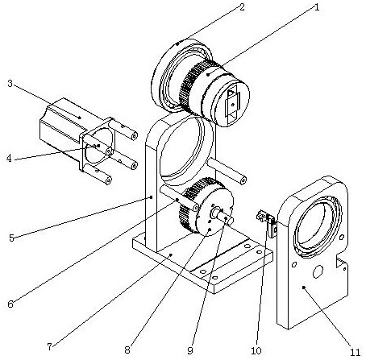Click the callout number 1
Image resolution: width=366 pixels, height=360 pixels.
[317, 7]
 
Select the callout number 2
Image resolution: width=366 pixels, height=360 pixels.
[242, 7]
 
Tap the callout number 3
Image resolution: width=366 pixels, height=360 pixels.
[10, 84]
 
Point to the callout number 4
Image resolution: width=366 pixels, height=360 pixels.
[10, 158]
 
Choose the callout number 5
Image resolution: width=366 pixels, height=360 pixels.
[11, 238]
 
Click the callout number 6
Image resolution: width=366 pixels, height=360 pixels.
[10, 304]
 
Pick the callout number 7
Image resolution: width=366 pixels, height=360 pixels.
[49, 346]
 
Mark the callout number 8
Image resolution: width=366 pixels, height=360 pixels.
[127, 350]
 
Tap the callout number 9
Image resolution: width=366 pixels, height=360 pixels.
[190, 350]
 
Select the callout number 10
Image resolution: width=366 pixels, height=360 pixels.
[256, 350]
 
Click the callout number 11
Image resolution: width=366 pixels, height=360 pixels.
[356, 352]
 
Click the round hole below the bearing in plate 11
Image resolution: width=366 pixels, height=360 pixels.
[318, 271]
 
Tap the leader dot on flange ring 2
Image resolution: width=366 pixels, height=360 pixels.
[177, 43]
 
